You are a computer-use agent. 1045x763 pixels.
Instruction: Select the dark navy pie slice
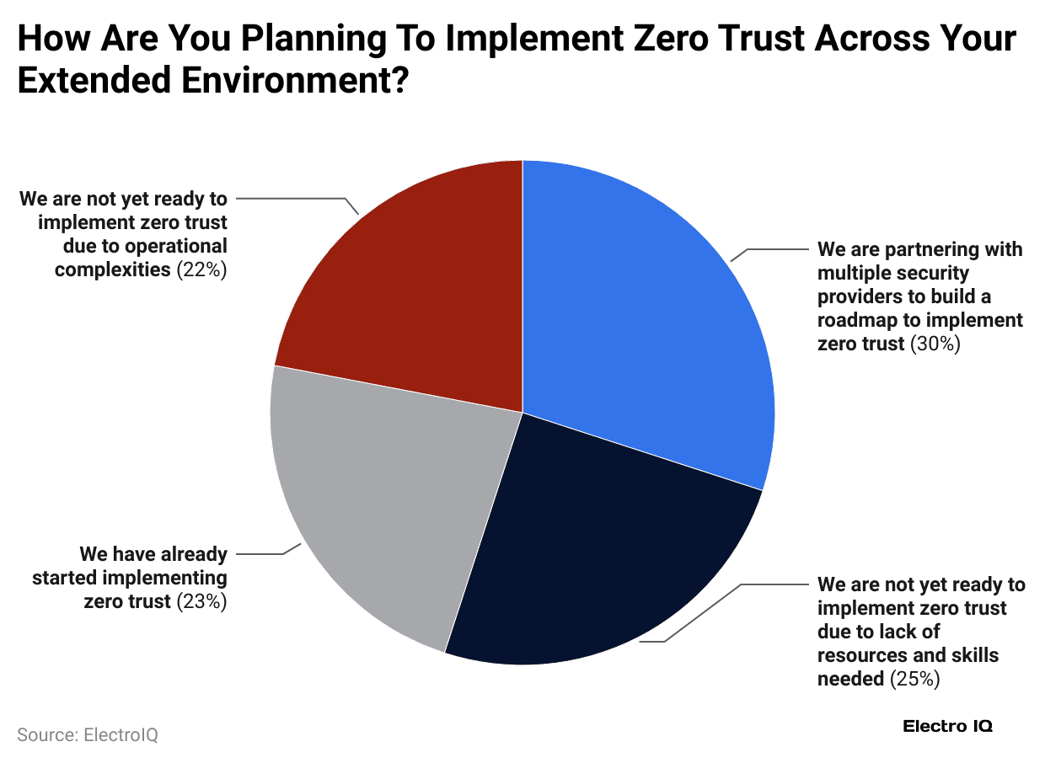tap(590, 547)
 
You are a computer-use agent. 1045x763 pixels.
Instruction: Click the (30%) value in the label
tap(935, 344)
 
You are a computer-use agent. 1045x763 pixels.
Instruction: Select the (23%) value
tap(202, 602)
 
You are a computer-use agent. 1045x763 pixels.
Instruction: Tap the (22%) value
tap(202, 270)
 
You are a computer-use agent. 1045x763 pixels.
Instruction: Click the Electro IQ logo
tap(947, 726)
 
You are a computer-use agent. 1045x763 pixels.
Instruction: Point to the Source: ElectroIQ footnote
tap(88, 734)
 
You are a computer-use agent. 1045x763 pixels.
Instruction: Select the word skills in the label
tap(974, 655)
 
